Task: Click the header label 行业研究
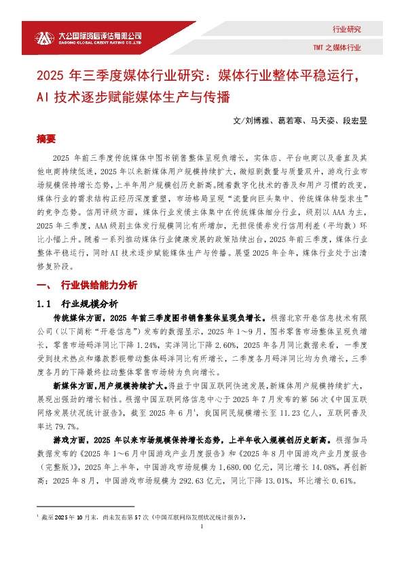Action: pos(346,30)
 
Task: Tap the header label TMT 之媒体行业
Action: pos(337,48)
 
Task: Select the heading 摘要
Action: pos(46,139)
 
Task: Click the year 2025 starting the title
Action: pos(52,74)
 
